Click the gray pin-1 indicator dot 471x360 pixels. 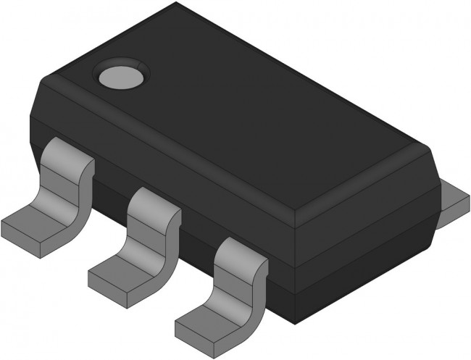tap(122, 75)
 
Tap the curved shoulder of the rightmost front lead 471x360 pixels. tap(239, 257)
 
